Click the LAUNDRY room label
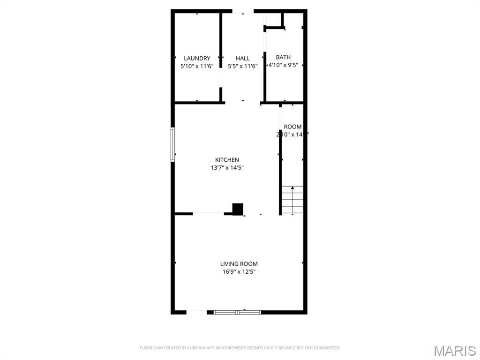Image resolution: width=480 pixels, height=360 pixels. coord(197,58)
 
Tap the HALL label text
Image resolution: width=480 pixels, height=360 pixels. coord(243,58)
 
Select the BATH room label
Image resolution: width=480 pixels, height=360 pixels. coord(283,57)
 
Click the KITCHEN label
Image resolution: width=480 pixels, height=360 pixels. coord(227,160)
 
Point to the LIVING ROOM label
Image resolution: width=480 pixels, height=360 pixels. coord(239,264)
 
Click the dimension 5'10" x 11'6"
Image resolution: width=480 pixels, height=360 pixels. coord(197,66)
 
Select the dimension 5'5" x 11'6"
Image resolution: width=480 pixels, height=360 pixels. coord(243,66)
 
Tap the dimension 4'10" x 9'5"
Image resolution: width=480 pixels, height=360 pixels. coord(283,65)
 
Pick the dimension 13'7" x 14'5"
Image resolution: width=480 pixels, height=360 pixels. coord(227,168)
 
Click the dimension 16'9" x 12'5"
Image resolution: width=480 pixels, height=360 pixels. coord(239,272)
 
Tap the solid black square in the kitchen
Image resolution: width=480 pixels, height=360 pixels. coord(238,209)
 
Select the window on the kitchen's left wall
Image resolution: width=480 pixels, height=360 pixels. coord(173,144)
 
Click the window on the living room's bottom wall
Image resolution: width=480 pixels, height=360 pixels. coord(237,312)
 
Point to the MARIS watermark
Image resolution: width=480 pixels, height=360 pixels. coord(455,351)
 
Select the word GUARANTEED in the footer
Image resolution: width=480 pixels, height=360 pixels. coord(328,348)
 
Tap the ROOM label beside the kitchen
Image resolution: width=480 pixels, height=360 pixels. coord(293,127)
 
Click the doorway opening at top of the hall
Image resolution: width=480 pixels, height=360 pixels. coord(243,11)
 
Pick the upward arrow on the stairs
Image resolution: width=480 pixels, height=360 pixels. coord(293,188)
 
